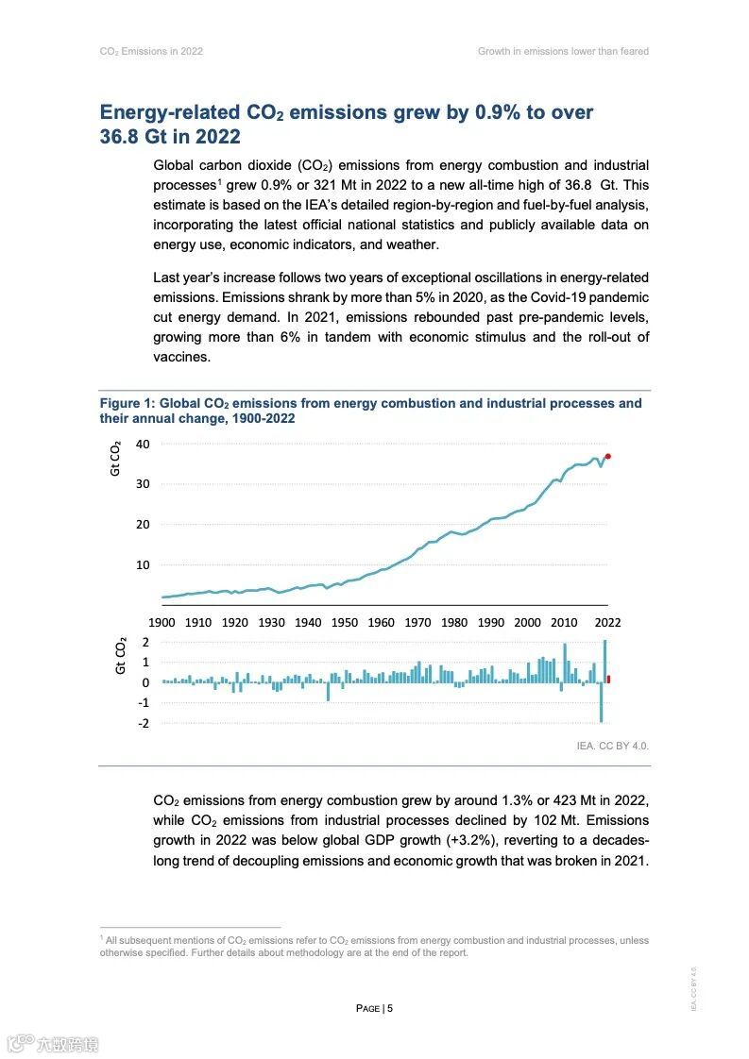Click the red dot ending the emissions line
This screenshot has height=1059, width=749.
click(x=608, y=456)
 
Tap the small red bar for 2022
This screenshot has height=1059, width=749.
click(x=608, y=679)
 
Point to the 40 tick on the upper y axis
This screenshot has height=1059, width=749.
click(x=143, y=444)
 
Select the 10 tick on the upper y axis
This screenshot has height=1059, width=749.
click(x=143, y=564)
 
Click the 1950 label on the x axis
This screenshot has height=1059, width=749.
click(x=345, y=623)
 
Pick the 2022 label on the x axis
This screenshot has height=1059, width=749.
click(x=607, y=623)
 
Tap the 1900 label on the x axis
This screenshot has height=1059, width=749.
click(x=162, y=623)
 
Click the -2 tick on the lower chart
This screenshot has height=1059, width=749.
click(x=145, y=723)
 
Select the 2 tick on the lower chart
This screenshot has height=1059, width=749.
click(x=145, y=642)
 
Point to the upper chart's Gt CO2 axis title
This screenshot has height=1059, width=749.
click(x=115, y=458)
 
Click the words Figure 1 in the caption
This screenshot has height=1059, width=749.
click(x=127, y=403)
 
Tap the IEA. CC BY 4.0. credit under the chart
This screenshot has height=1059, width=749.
click(x=613, y=746)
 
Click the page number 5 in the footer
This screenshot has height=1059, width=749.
click(x=389, y=1008)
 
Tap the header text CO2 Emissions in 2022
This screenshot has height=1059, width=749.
click(x=151, y=51)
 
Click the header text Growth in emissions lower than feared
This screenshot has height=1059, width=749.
click(x=563, y=51)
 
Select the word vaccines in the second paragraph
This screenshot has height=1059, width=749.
click(x=180, y=357)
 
